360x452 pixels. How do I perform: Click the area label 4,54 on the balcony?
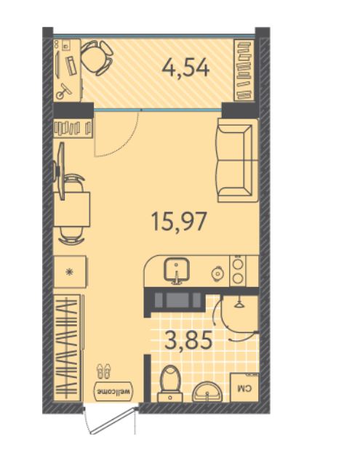click(x=185, y=68)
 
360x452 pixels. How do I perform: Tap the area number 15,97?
click(x=179, y=221)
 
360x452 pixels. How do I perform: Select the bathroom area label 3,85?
click(x=188, y=339)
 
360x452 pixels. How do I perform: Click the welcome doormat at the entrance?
click(x=115, y=391)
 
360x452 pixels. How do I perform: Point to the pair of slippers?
click(x=103, y=371)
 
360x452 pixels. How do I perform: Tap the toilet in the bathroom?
click(x=170, y=384)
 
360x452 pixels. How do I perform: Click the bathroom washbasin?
click(x=207, y=392)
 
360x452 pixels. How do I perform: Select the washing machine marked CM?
click(x=244, y=387)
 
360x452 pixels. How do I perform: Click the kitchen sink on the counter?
click(x=177, y=270)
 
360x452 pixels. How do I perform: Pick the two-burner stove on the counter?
click(x=238, y=271)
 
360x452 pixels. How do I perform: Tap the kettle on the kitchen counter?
click(x=217, y=273)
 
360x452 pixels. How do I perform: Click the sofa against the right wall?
click(x=238, y=160)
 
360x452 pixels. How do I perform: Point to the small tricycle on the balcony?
click(x=64, y=92)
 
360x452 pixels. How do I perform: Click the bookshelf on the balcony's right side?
click(x=244, y=70)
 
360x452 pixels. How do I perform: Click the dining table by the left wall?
click(x=72, y=209)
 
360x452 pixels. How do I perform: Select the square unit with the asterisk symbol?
click(x=70, y=272)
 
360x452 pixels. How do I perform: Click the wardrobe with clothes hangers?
click(x=67, y=347)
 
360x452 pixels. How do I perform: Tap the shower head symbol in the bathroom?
click(x=239, y=303)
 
